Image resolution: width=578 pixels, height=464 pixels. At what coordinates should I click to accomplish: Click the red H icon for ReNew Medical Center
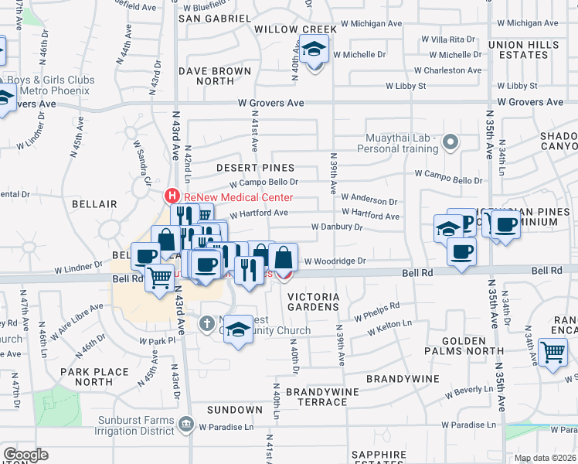[173, 198]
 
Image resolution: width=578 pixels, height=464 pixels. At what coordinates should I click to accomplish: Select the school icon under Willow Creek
[314, 52]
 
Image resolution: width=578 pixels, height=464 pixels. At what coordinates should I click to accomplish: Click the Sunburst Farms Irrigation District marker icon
[185, 424]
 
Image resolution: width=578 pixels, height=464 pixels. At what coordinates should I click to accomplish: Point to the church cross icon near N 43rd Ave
[207, 323]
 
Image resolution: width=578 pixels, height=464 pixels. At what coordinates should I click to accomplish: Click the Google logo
[25, 455]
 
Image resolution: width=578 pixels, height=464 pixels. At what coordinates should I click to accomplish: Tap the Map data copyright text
[545, 458]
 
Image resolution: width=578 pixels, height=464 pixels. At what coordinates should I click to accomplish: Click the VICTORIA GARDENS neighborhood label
[313, 302]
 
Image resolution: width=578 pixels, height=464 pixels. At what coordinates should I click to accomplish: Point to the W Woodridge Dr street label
[335, 261]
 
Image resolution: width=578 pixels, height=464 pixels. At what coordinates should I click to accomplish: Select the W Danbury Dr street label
[336, 227]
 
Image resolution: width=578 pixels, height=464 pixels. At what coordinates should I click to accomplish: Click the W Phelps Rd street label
[376, 312]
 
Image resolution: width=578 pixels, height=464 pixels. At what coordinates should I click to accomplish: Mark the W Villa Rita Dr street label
[448, 39]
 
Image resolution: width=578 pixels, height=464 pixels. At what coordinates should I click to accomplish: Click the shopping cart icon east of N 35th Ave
[553, 353]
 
